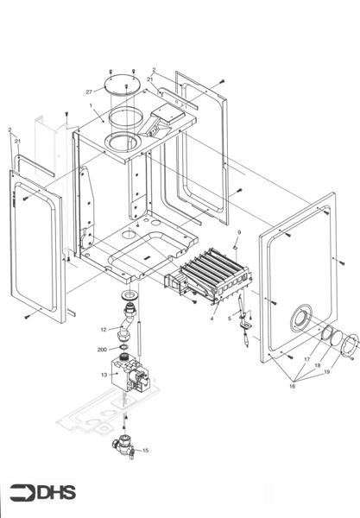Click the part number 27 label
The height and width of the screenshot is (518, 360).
(x=89, y=91)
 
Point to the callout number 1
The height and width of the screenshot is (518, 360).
(x=91, y=106)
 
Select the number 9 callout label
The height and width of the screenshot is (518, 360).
(x=239, y=233)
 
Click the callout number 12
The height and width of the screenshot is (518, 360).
(x=103, y=329)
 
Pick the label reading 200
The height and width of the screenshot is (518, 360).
(x=102, y=351)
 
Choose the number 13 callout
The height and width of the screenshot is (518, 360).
(x=104, y=375)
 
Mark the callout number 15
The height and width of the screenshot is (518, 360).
(x=145, y=450)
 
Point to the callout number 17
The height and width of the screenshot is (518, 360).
(x=306, y=358)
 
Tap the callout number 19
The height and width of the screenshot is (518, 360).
(x=326, y=372)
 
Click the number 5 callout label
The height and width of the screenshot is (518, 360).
(x=230, y=318)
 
